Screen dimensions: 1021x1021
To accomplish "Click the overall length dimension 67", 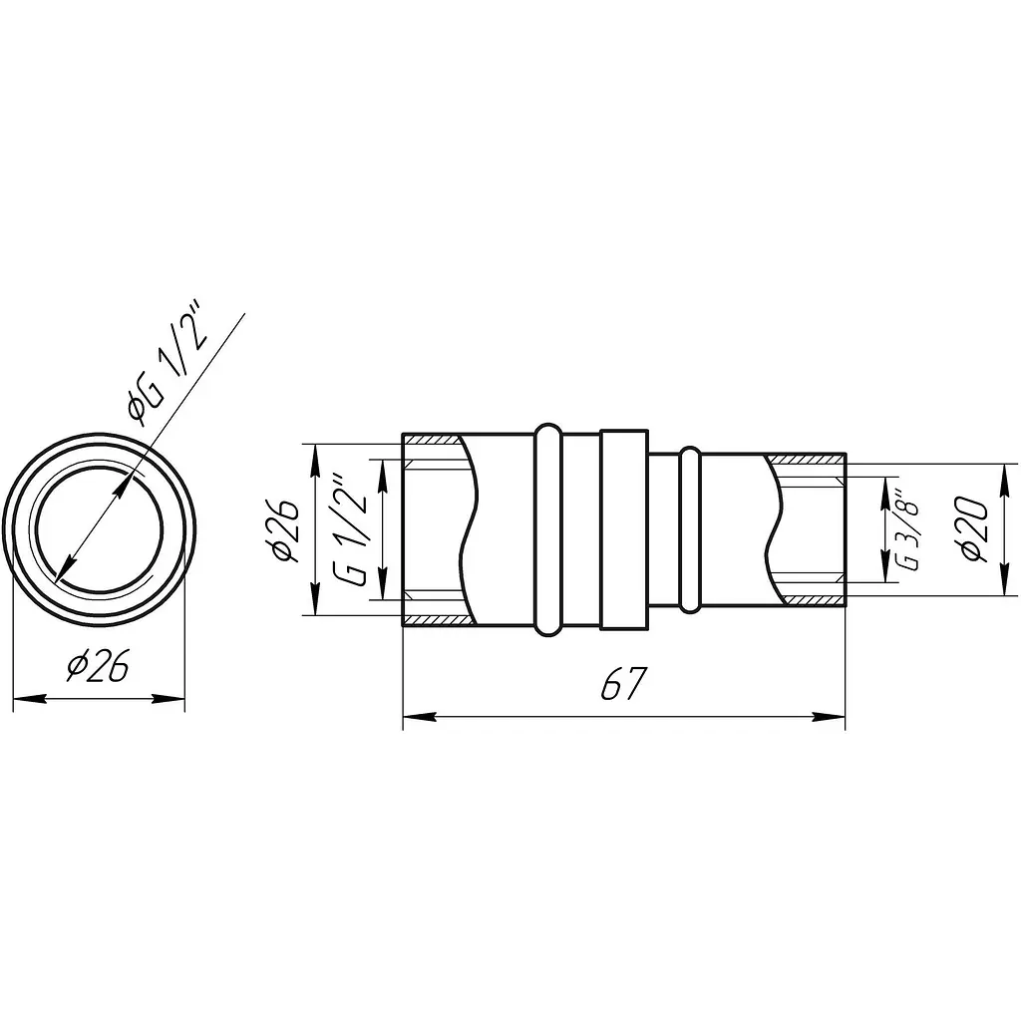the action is tap(623, 683).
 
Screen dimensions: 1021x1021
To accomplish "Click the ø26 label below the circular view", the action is tap(98, 665).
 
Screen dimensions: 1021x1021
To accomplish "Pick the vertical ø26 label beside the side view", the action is tap(285, 530).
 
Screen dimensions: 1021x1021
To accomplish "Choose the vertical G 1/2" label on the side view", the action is tap(352, 530).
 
